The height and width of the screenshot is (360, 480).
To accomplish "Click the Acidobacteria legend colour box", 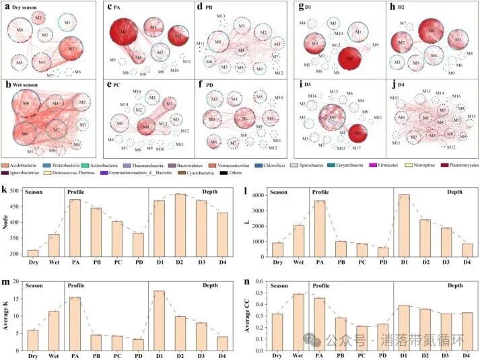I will pos(5,164).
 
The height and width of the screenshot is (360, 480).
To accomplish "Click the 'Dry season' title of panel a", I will pos(26,7).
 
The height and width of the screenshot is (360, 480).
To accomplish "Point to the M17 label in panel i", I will pos(356,148).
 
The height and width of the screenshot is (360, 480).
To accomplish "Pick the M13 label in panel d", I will pos(221,15).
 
